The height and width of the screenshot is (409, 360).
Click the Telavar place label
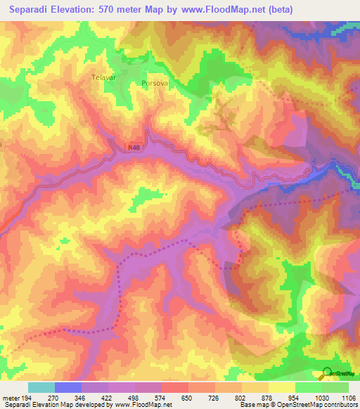point(103,78)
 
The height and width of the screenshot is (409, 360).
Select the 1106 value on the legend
point(347,397)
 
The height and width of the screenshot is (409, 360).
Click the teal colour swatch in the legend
point(41,387)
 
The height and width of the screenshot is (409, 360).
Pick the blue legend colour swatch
point(68,387)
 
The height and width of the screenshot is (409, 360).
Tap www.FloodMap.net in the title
point(218,10)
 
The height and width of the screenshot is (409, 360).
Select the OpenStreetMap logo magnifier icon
point(326,373)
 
